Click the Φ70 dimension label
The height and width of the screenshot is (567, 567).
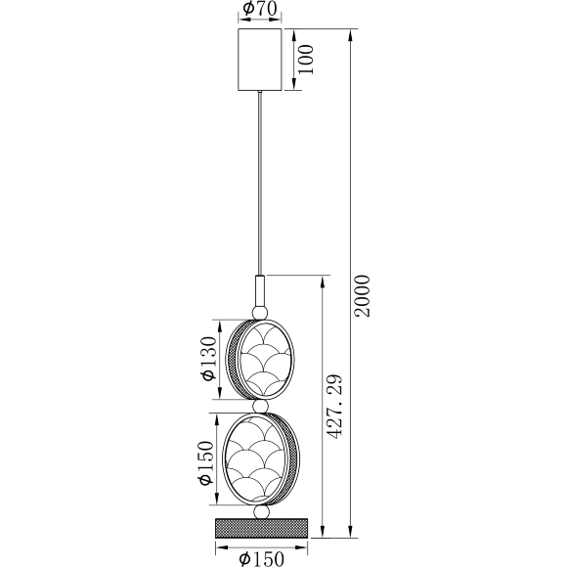(x=260, y=11)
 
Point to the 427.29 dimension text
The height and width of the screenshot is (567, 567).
(x=336, y=405)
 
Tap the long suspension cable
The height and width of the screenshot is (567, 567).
(x=260, y=186)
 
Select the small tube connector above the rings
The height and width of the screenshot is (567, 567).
(x=260, y=290)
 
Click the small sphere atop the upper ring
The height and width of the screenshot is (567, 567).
(x=260, y=312)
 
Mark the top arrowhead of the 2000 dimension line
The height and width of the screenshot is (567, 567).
(x=349, y=33)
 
